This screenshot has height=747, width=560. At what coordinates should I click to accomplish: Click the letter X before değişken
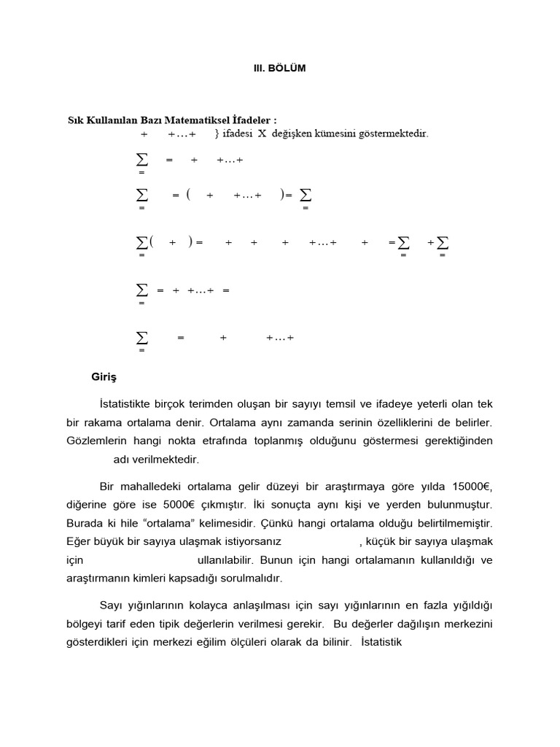(262, 133)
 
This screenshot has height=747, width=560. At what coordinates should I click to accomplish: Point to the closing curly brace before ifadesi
(217, 133)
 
